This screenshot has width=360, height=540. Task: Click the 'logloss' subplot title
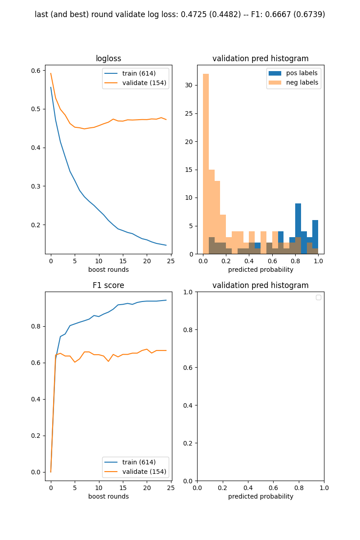tap(108, 58)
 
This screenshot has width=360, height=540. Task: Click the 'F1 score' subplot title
tap(108, 285)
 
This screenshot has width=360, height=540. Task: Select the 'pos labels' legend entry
tap(302, 73)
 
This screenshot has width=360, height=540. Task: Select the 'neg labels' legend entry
tap(302, 82)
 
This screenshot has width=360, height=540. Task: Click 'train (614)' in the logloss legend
tap(139, 73)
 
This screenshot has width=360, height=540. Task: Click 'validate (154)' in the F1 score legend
tap(144, 472)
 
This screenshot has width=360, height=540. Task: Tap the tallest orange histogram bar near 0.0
tap(206, 162)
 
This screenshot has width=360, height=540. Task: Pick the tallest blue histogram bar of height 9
tap(298, 227)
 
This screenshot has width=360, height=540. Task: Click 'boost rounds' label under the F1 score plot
tap(108, 496)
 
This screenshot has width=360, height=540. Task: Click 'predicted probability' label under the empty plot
tap(261, 496)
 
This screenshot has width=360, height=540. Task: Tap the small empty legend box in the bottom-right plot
tap(319, 297)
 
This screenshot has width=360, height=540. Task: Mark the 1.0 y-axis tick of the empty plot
tap(188, 292)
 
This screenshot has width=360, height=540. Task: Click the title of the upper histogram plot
tap(261, 58)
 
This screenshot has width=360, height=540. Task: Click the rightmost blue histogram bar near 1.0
tap(315, 236)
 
